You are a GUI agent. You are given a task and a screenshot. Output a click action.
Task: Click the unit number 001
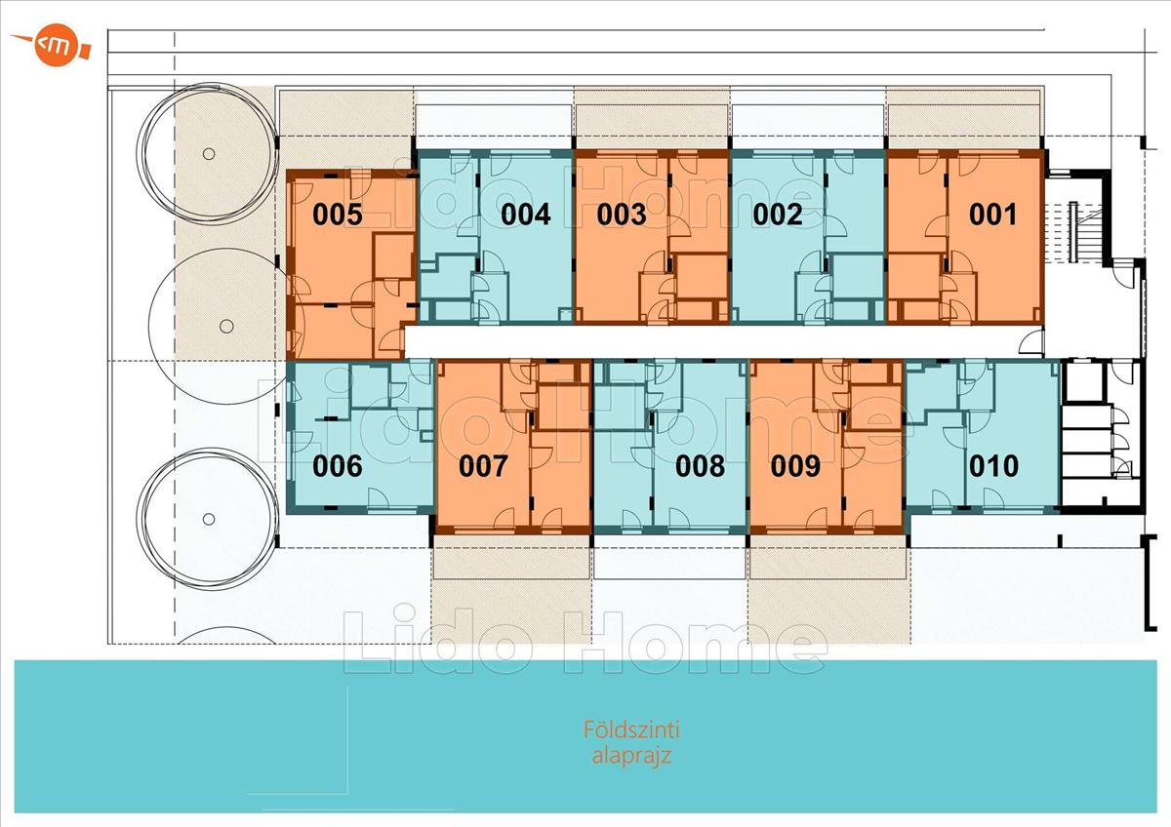click(x=992, y=215)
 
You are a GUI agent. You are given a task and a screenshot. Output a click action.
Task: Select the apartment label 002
click(x=778, y=215)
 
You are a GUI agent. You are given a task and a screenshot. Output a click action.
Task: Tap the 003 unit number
click(x=622, y=215)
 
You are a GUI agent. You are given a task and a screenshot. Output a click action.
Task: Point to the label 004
click(x=526, y=215)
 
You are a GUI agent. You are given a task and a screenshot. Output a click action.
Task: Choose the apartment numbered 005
click(x=338, y=215)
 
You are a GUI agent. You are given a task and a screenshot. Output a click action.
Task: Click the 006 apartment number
click(x=338, y=466)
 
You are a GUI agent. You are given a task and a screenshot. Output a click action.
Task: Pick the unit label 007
click(x=483, y=466)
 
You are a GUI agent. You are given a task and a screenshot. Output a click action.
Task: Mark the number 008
click(x=700, y=466)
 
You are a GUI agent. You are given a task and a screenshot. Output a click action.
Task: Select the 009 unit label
click(x=795, y=466)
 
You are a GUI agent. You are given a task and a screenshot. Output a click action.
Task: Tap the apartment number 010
click(x=993, y=466)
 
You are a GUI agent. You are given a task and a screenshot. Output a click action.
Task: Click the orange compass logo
click(x=53, y=45)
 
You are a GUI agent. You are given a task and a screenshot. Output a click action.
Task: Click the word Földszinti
click(x=631, y=729)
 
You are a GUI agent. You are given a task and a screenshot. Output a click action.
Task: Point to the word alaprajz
click(x=631, y=756)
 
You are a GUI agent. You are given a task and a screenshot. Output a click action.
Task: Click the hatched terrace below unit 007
click(x=512, y=589)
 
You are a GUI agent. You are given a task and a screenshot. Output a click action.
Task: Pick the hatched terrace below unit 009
click(x=828, y=589)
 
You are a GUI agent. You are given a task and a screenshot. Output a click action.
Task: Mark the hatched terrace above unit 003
click(x=652, y=118)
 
